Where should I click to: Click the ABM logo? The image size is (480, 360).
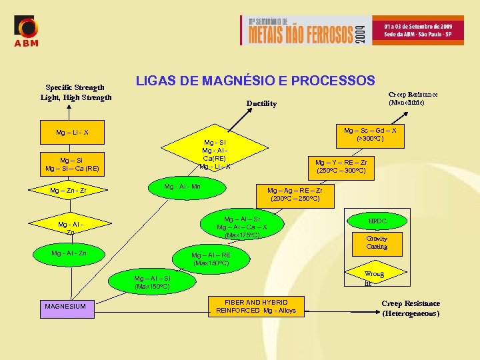click(x=27, y=31)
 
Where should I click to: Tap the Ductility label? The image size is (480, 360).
click(x=261, y=103)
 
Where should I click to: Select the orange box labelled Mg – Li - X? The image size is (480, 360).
click(x=72, y=132)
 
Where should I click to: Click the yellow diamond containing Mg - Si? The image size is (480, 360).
click(x=214, y=153)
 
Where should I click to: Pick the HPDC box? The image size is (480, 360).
click(x=377, y=221)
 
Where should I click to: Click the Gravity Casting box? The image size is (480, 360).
click(x=377, y=243)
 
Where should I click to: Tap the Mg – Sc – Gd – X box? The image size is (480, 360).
click(x=370, y=135)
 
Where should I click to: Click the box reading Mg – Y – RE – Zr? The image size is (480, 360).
click(x=341, y=166)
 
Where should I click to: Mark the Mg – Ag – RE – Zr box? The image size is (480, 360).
click(x=295, y=194)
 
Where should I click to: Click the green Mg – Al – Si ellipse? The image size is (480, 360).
click(x=152, y=283)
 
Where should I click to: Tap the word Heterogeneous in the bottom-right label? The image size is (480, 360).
click(x=411, y=313)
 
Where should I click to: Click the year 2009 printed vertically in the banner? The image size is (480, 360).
click(x=360, y=30)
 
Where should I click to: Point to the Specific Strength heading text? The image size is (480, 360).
click(x=75, y=87)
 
